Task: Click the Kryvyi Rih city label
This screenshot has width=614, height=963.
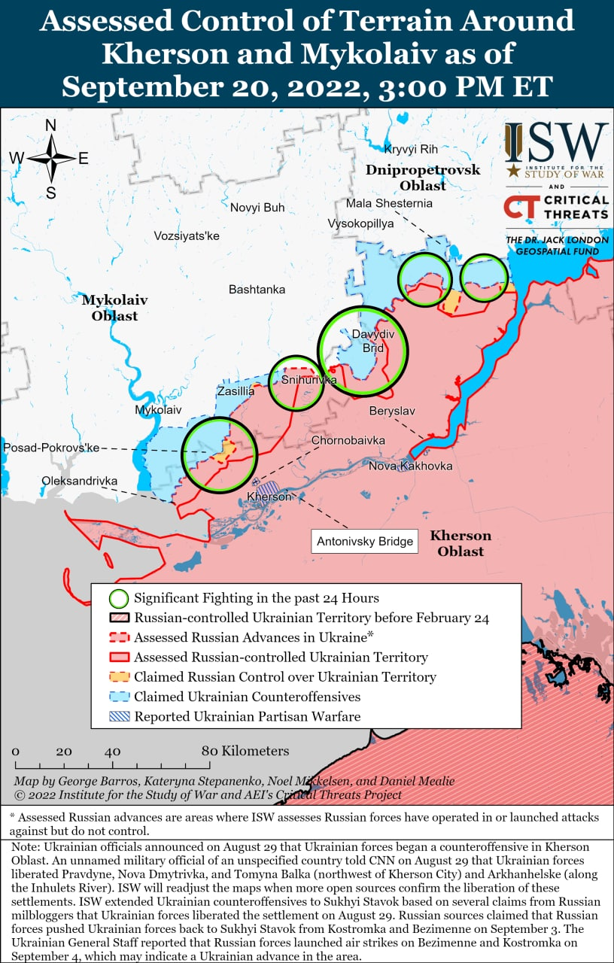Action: coord(410,149)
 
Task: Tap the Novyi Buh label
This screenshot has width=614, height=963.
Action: coord(257,208)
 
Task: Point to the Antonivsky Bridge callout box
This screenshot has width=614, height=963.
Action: coord(365,541)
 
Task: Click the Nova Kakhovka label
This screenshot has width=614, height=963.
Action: coord(410,466)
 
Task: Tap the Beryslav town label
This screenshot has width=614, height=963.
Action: coord(392,412)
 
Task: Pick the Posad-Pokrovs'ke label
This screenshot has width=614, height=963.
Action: coord(51,448)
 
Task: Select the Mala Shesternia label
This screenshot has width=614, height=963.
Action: coord(389,203)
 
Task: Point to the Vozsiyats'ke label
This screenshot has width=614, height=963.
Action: coord(187,236)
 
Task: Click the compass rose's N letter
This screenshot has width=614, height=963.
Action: coord(51,126)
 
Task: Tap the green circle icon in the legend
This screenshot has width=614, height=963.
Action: coord(118,599)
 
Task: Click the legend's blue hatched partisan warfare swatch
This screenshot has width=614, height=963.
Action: coord(118,716)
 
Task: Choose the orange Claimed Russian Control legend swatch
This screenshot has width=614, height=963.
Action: coord(118,677)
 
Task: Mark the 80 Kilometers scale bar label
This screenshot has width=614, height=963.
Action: coord(245,751)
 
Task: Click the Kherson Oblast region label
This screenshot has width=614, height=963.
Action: coord(460,543)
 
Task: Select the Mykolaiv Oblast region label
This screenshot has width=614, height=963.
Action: coord(114,308)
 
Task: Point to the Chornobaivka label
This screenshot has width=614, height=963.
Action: coord(348,440)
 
